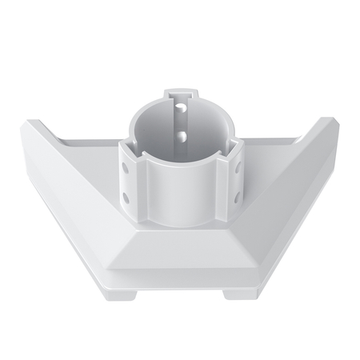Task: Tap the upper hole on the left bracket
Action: pyautogui.click(x=126, y=169)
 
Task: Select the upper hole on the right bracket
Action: pyautogui.click(x=238, y=169)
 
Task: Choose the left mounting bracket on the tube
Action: pyautogui.click(x=132, y=182)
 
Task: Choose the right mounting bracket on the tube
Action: pyautogui.click(x=232, y=182)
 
